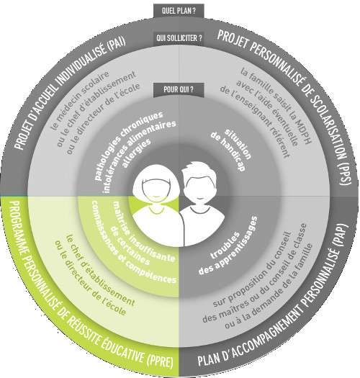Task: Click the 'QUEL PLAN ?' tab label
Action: [x=179, y=11]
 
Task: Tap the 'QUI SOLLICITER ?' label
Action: [x=179, y=38]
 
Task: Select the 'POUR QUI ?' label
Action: [x=179, y=90]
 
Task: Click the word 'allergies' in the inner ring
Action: [x=137, y=153]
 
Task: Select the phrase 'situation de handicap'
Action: [x=232, y=150]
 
